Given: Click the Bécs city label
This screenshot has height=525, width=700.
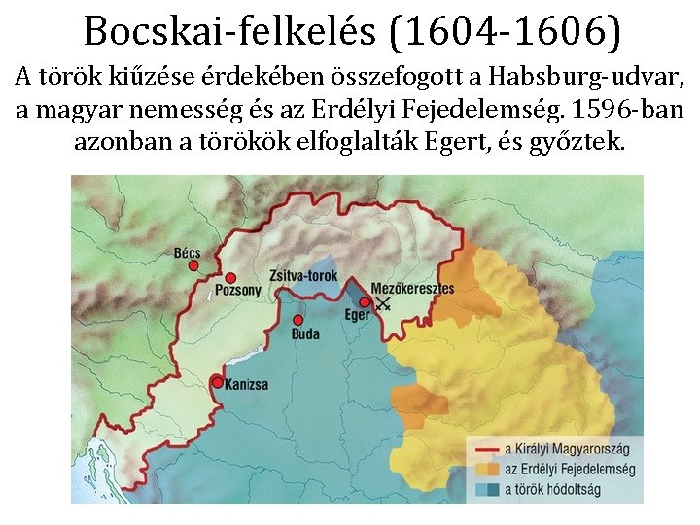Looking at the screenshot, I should (187, 253).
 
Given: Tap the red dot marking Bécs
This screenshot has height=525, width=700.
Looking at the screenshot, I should (193, 264).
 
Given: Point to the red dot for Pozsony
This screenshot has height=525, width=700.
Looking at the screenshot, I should (230, 278).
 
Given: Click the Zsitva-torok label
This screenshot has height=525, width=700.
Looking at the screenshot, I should (303, 276).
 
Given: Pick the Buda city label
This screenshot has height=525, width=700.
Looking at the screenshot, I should (305, 334).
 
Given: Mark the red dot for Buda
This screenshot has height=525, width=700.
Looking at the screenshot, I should (297, 320).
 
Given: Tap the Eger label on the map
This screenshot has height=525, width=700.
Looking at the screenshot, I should (357, 315).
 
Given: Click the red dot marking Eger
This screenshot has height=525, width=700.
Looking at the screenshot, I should (365, 302).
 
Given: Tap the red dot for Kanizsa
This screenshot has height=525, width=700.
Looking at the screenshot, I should (217, 382).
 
